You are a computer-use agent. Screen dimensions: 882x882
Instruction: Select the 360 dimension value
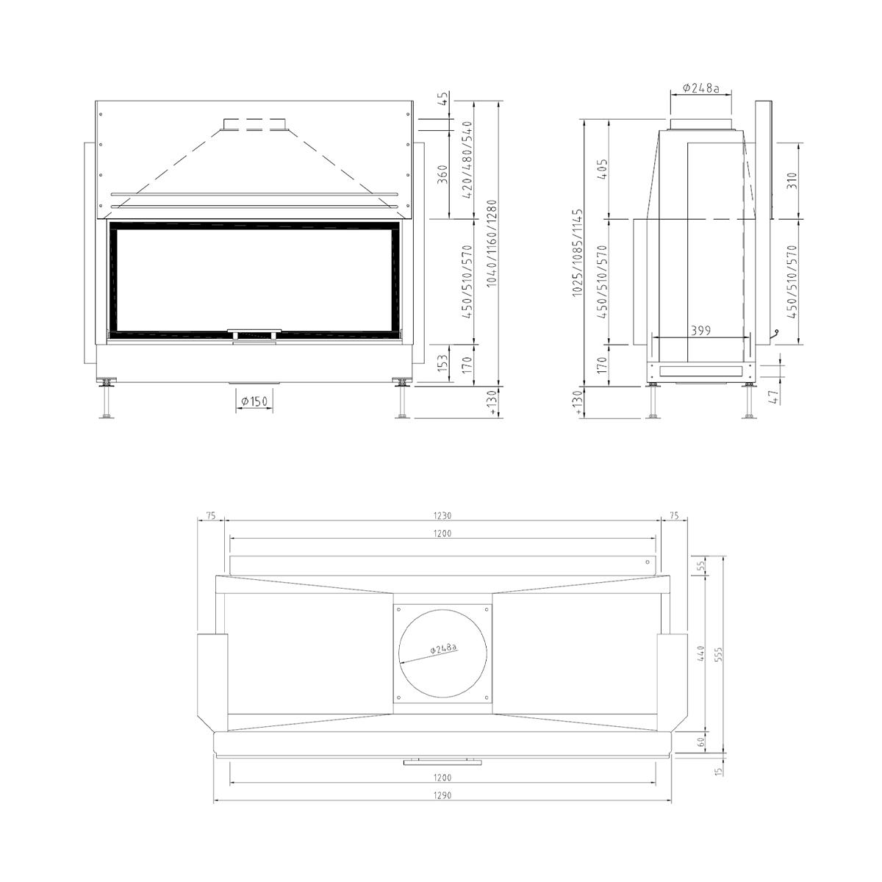pos(443,175)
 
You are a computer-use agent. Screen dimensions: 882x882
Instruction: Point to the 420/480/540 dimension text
pos(467,159)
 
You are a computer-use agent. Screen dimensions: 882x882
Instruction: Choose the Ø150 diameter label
pos(254,401)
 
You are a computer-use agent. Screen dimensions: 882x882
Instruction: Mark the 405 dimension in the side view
pos(603,170)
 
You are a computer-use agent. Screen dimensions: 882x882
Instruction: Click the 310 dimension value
pos(793,182)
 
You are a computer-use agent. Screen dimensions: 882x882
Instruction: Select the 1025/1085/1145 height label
pos(578,253)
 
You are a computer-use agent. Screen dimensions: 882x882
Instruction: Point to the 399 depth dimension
pos(700,331)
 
